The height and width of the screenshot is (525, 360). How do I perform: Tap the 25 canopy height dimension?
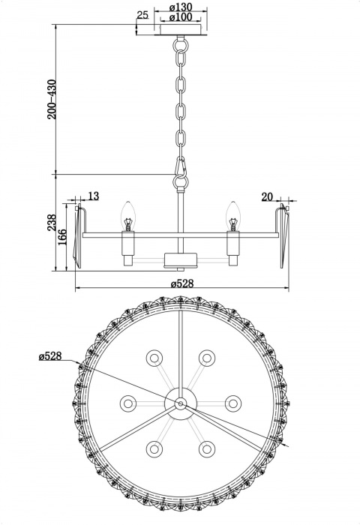tap(142, 15)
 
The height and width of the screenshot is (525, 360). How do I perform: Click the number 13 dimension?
tap(93, 196)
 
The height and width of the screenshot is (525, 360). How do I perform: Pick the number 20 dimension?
tap(268, 196)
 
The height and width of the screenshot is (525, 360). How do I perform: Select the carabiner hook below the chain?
tap(180, 174)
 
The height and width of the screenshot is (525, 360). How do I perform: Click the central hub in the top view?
tap(180, 403)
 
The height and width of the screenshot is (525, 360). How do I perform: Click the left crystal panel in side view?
tap(79, 234)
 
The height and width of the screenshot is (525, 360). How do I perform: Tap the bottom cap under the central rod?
tap(180, 261)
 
